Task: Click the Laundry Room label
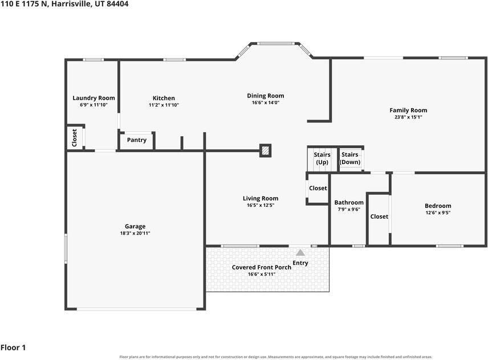93,98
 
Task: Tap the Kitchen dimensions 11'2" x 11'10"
164,105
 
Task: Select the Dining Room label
266,96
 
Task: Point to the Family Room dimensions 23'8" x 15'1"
408,117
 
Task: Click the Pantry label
137,140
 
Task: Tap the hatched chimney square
266,150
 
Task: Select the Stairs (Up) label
322,158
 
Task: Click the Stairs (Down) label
350,158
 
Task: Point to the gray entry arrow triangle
300,252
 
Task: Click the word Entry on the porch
300,263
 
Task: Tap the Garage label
135,226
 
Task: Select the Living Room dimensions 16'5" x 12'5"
261,205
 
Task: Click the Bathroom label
349,202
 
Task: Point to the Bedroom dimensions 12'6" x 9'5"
438,213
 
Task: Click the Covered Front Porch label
262,267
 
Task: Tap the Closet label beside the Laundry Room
74,138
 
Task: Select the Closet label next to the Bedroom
379,216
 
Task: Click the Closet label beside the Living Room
318,188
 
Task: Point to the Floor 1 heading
13,347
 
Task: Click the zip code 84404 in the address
117,4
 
